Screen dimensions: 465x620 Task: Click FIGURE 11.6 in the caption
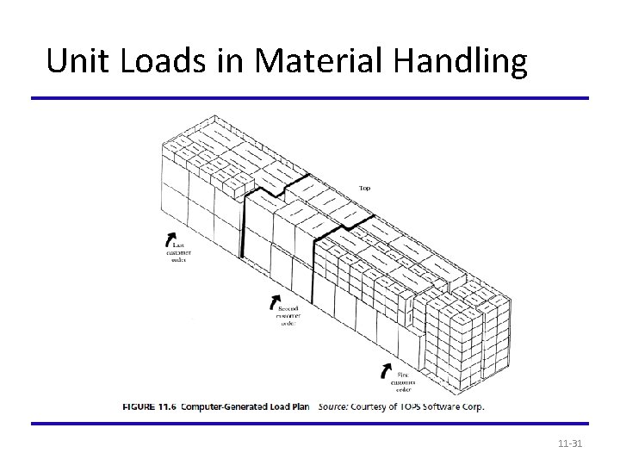pos(151,406)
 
